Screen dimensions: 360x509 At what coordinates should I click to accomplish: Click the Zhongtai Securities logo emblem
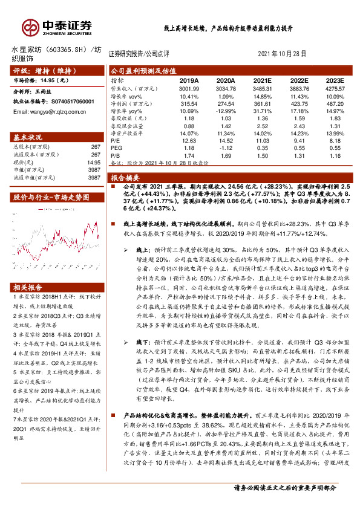[x=30, y=27]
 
